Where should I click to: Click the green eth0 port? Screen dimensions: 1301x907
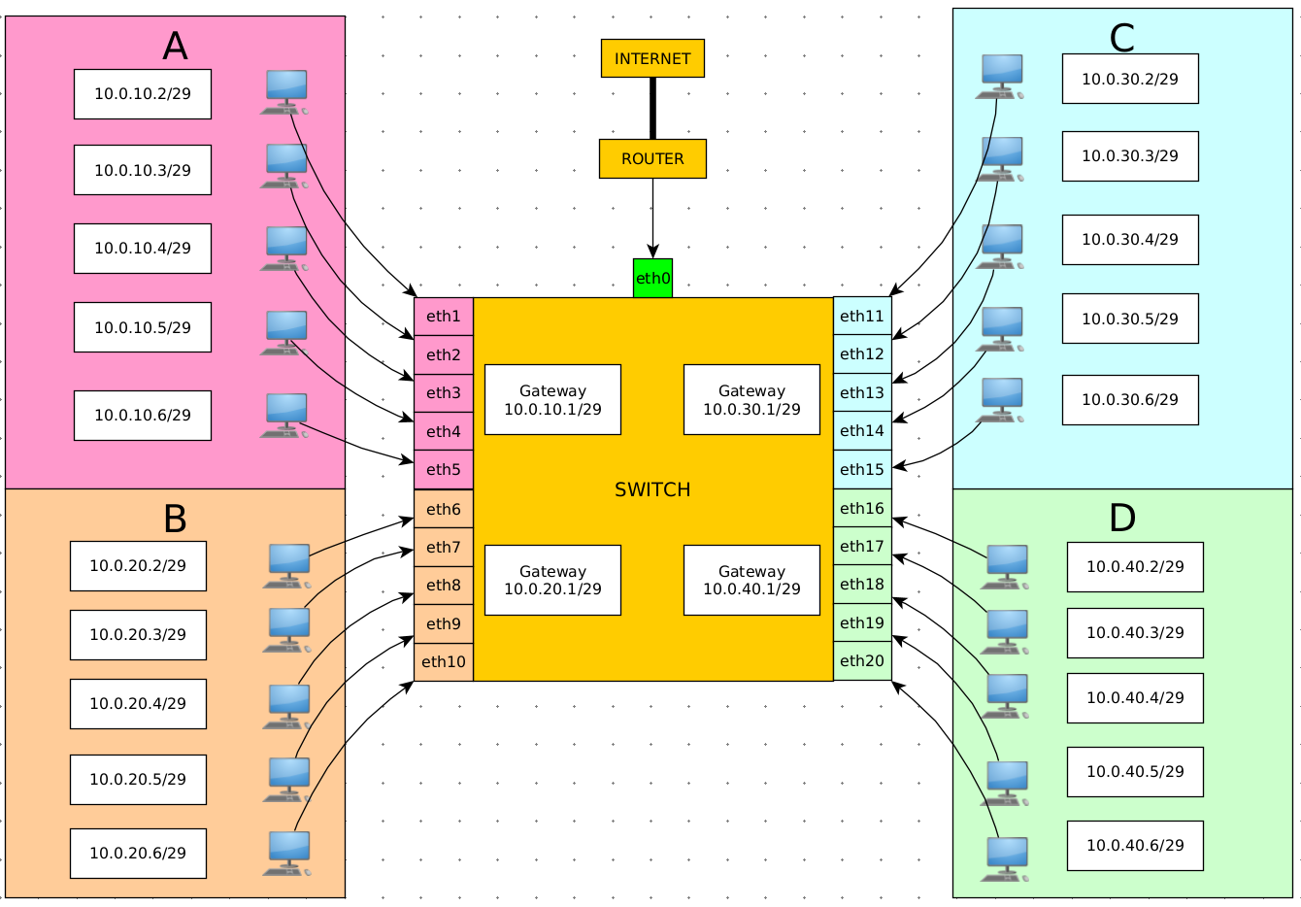coord(652,279)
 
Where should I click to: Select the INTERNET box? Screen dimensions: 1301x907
coord(652,58)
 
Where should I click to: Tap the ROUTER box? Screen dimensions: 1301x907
coord(652,158)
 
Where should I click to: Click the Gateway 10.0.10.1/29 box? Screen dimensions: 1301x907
coord(553,400)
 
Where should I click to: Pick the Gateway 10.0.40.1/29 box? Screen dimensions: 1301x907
coord(752,580)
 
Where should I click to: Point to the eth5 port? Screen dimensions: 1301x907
coord(444,469)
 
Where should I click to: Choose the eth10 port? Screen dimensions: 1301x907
coord(444,662)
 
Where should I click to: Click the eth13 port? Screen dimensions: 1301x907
coord(862,392)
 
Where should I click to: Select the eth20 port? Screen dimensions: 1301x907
coord(862,660)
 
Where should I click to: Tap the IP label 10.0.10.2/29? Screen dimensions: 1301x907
coord(143,94)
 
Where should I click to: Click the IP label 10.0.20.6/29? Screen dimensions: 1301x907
coord(138,853)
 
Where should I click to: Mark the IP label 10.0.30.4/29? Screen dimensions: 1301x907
coord(1130,240)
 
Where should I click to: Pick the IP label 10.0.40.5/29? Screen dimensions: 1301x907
coord(1136,772)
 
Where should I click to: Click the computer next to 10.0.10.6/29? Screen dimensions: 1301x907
coord(284,416)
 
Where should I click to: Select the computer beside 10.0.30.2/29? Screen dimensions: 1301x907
coord(1000,77)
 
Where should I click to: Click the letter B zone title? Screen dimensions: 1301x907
coord(175,519)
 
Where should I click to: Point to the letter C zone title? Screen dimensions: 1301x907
coord(1121,38)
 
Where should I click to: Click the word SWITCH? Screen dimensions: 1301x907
coord(652,489)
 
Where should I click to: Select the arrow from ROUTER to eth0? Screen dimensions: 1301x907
coord(652,218)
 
